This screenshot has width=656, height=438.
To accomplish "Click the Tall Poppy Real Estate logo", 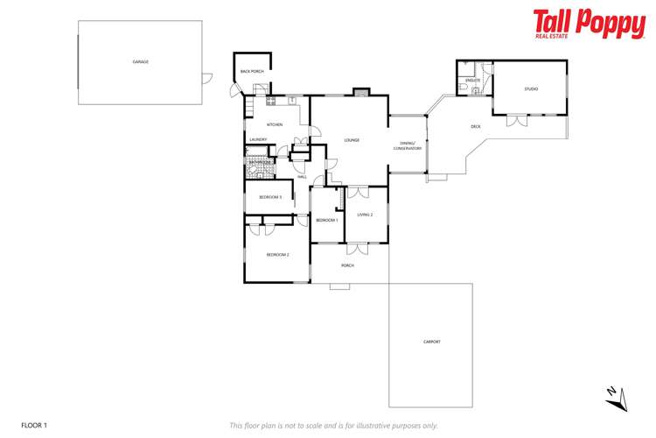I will (x=589, y=25).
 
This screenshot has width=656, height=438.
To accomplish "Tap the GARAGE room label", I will (x=140, y=62).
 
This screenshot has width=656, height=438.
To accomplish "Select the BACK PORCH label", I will (x=252, y=71).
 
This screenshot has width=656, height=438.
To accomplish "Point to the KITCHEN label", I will (x=275, y=124).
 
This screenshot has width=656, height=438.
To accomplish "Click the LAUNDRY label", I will (x=258, y=139).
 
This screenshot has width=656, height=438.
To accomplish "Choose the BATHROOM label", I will (x=260, y=162).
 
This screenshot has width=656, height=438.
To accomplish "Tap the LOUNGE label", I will (x=352, y=140).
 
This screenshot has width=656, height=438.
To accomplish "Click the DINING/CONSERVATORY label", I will (x=411, y=145).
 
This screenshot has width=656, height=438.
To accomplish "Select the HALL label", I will (x=302, y=177).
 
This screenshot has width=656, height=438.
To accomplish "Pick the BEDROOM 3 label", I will (x=269, y=197).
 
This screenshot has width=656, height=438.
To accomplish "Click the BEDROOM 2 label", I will (x=277, y=254).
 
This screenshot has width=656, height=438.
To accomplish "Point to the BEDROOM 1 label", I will (x=327, y=220).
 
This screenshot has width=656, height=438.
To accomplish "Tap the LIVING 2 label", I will (x=365, y=215).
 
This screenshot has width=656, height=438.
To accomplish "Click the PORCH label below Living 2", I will (x=347, y=265).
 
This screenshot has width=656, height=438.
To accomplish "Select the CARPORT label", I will (x=431, y=342).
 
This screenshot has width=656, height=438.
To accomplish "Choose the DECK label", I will (x=476, y=126).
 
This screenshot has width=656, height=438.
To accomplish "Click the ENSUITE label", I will (x=472, y=80).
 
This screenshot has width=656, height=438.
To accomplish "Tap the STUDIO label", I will (x=531, y=88).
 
